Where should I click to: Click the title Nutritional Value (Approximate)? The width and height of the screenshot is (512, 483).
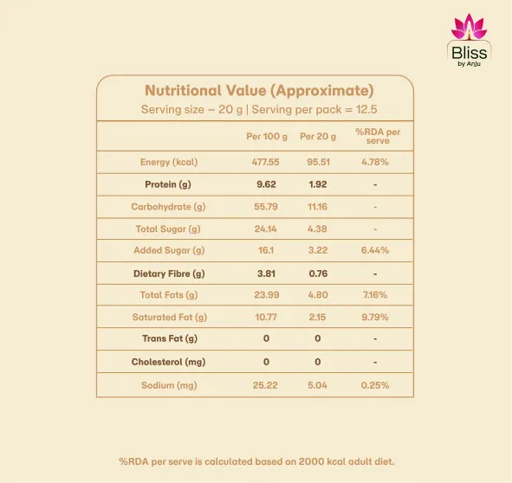(x=259, y=91)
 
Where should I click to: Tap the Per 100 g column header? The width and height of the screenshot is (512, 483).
(x=265, y=137)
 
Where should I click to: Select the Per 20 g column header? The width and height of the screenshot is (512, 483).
(x=318, y=137)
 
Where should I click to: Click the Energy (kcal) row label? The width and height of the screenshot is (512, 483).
(x=169, y=162)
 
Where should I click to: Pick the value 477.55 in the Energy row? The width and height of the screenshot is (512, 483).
(x=266, y=162)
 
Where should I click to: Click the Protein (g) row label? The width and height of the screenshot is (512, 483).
(x=168, y=184)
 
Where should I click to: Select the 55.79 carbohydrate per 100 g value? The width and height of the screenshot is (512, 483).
(x=266, y=207)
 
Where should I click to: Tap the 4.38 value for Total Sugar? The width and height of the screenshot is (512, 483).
(x=318, y=229)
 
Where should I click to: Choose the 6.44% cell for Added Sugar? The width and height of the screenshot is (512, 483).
(x=375, y=250)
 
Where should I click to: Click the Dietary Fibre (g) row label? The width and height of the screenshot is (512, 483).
(x=168, y=274)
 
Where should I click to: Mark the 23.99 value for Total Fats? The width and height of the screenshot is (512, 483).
(x=266, y=295)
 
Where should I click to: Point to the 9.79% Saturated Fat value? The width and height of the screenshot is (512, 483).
(x=375, y=318)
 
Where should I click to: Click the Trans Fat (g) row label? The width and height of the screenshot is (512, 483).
(x=169, y=338)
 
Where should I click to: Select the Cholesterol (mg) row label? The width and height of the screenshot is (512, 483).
(x=168, y=362)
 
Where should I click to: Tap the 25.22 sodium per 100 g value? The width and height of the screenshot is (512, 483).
(x=266, y=384)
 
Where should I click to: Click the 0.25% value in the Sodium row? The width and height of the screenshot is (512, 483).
(x=375, y=384)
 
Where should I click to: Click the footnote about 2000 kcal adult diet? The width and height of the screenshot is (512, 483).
(x=256, y=461)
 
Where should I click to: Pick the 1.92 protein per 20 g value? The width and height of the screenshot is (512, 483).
(x=318, y=184)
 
